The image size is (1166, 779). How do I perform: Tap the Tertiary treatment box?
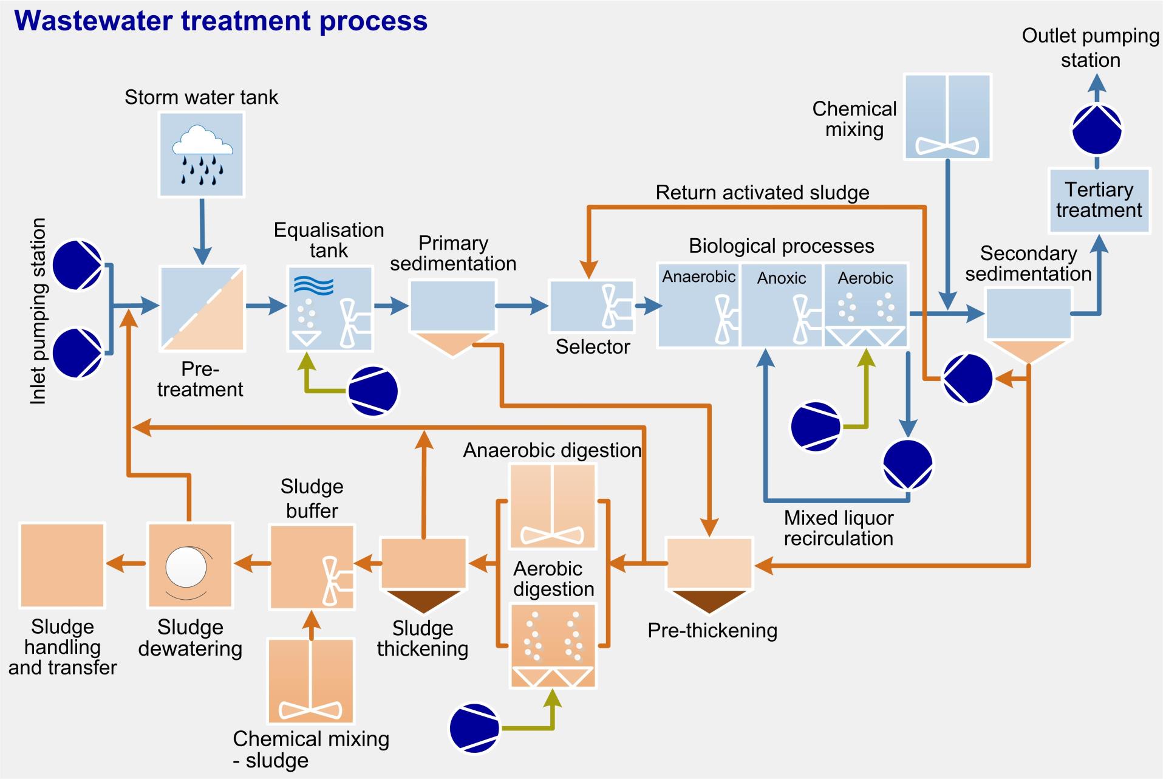tap(1099, 201)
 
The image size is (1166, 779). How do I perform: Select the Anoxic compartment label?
tap(781, 278)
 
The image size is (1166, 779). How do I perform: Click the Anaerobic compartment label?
tap(698, 277)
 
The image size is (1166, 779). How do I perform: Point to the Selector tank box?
tap(591, 306)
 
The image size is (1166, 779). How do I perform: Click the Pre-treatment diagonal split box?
tap(202, 309)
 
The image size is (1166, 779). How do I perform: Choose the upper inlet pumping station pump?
tap(78, 266)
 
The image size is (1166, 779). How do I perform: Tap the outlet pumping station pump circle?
tap(1097, 130)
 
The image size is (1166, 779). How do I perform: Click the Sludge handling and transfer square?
tap(63, 565)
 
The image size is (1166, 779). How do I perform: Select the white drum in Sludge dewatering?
tap(186, 566)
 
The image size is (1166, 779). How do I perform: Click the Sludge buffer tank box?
tap(312, 567)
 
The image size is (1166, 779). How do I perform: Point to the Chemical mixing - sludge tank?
tap(311, 681)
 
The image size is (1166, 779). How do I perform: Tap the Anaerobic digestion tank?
tap(553, 506)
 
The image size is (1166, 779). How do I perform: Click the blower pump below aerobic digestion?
tap(474, 728)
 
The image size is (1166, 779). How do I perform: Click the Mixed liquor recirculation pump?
tap(907, 464)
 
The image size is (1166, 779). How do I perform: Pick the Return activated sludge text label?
tap(762, 193)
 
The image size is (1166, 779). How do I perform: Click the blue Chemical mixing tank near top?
tap(947, 117)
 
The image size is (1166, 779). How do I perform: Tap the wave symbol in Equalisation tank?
tap(313, 284)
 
